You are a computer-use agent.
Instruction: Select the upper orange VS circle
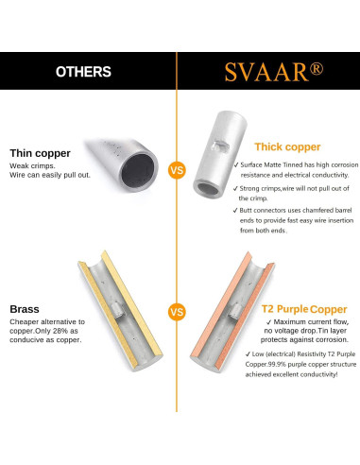tap(177, 171)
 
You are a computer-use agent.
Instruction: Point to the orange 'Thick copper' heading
tap(288, 146)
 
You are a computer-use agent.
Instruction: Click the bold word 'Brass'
tap(25, 308)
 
